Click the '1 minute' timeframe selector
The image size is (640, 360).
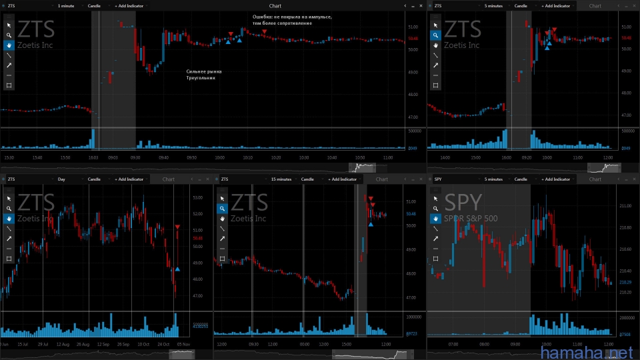pyautogui.click(x=66, y=5)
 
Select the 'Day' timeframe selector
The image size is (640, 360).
pyautogui.click(x=61, y=179)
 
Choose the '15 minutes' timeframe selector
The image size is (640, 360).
pyautogui.click(x=281, y=179)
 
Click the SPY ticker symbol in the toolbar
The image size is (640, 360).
pyautogui.click(x=438, y=179)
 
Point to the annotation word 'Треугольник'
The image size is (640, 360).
pyautogui.click(x=201, y=77)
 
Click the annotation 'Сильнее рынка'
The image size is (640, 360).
pyautogui.click(x=204, y=71)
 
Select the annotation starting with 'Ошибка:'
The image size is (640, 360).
pyautogui.click(x=292, y=15)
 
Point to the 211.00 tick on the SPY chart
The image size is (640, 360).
pyautogui.click(x=625, y=206)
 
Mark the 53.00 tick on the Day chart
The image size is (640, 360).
pyautogui.click(x=197, y=197)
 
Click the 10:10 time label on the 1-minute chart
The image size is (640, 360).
pyautogui.click(x=247, y=157)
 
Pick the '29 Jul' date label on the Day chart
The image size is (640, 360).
pyautogui.click(x=43, y=343)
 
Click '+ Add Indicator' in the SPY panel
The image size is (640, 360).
pyautogui.click(x=556, y=179)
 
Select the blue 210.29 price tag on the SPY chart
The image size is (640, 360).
pyautogui.click(x=625, y=282)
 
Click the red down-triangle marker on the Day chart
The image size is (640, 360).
pyautogui.click(x=177, y=227)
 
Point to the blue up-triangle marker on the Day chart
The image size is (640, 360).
pyautogui.click(x=177, y=269)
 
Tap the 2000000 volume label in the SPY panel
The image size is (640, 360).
pyautogui.click(x=627, y=317)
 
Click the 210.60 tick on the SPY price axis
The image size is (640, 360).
pyautogui.click(x=625, y=249)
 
